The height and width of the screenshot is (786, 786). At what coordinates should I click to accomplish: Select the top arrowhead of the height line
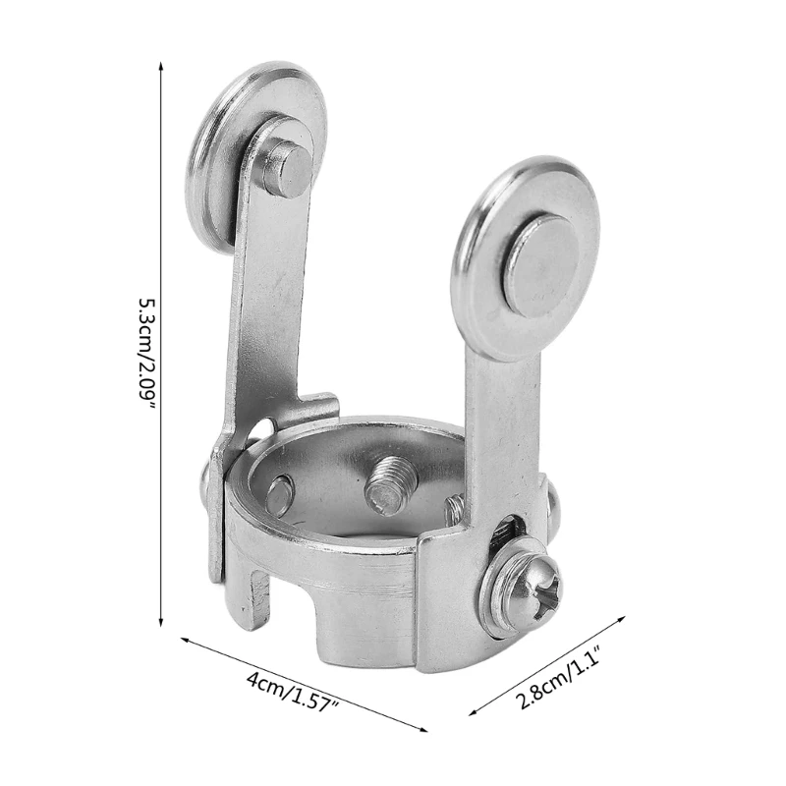click(160, 65)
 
